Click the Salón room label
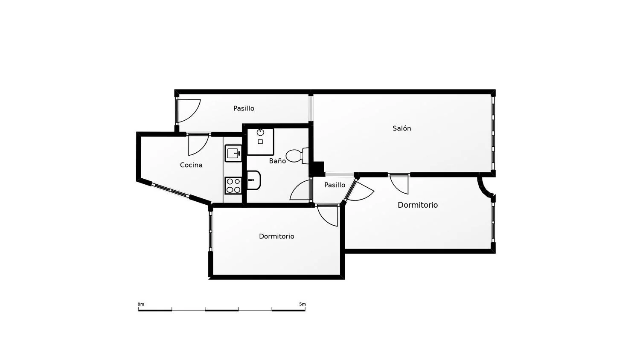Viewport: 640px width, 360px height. [402, 128]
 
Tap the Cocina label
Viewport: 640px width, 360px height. [191, 165]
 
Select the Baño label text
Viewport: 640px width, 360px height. [277, 161]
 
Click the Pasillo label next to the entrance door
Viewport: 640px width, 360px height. [244, 108]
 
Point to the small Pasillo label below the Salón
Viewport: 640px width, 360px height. [335, 185]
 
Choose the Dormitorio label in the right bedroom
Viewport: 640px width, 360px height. [418, 205]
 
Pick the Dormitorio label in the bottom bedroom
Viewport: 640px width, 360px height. [276, 236]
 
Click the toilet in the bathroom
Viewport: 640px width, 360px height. [297, 155]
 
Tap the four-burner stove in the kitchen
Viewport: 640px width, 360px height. [233, 186]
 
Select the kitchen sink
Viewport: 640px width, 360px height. [233, 154]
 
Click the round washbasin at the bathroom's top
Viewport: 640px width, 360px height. [260, 132]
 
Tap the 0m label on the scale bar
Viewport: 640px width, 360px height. [141, 304]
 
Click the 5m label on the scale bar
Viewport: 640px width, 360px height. [303, 304]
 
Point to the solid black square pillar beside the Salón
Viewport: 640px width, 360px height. [319, 168]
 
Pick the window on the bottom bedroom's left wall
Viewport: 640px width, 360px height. [211, 231]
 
